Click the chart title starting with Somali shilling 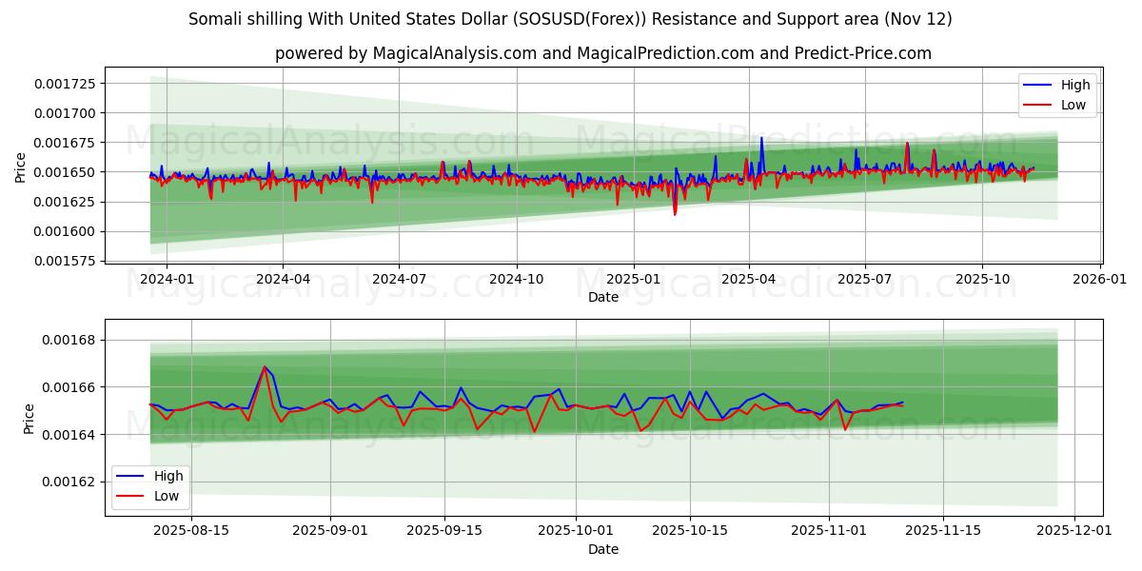click(570, 19)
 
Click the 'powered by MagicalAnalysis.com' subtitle click(603, 53)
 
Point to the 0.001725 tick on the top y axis click(64, 84)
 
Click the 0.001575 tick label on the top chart click(64, 261)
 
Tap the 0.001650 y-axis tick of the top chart click(64, 172)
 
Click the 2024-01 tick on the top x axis click(167, 279)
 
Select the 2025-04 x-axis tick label click(748, 279)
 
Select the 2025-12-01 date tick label click(1075, 531)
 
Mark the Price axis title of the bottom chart click(29, 418)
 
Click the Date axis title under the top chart click(603, 297)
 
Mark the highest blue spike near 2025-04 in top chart click(760, 138)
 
